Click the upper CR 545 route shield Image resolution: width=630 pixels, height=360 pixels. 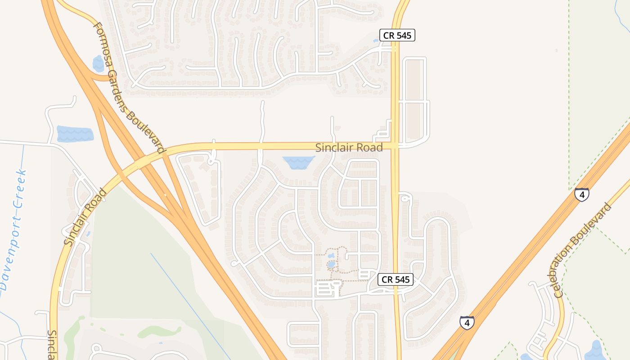point(397,35)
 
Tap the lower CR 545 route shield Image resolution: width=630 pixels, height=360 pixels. point(396,279)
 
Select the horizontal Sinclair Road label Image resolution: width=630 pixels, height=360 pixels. point(349,147)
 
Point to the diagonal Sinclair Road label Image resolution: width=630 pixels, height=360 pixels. point(85,217)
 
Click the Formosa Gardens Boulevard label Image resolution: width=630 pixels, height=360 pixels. point(129,87)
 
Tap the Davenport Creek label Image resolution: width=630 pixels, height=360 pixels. point(13,229)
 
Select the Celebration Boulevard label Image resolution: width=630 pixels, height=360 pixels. point(583,250)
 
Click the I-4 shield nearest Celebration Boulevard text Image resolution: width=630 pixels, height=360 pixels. point(582,194)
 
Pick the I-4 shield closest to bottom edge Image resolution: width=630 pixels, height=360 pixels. point(467,323)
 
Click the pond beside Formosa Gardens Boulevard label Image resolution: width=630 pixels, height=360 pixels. point(98,63)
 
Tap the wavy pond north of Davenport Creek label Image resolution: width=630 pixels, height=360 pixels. point(75,134)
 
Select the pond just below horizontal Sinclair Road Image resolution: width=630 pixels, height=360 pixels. point(297,162)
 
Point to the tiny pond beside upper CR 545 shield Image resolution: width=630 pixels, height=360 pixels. point(376,41)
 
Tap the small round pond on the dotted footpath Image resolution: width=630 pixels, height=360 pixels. point(332,265)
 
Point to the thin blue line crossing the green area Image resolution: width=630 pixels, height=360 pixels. point(189,301)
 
